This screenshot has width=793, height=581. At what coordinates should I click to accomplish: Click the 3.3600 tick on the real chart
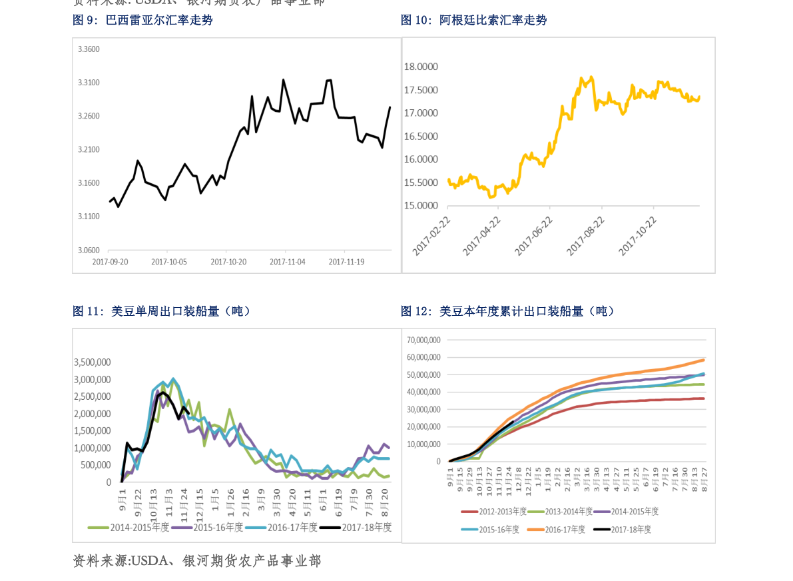coord(89,49)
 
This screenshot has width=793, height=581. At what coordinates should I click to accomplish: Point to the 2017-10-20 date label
coord(228,262)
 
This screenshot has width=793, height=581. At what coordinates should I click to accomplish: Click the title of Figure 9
coord(142,20)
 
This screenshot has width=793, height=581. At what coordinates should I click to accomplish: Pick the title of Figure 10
coord(473,20)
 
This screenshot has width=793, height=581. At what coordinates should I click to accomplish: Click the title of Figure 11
coord(162,310)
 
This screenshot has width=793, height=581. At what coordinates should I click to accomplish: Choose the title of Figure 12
coord(507,310)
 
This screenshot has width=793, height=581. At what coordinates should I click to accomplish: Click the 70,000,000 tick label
coord(423,340)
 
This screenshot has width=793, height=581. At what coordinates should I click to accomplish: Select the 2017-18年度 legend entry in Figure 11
coord(356,527)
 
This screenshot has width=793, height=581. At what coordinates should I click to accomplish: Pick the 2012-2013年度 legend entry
coord(494,511)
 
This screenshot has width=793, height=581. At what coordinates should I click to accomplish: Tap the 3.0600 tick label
coord(89,250)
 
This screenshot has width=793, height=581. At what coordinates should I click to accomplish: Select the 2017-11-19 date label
coord(346,262)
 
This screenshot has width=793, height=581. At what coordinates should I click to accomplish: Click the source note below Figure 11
coord(196,561)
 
